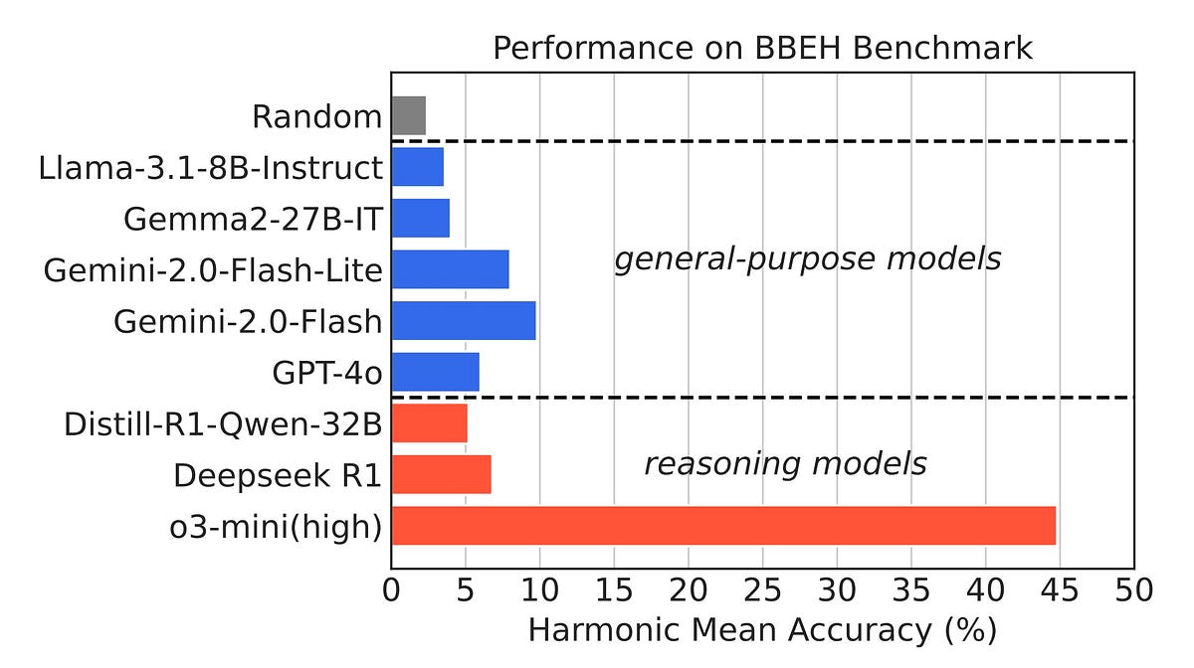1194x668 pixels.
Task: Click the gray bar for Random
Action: pyautogui.click(x=409, y=116)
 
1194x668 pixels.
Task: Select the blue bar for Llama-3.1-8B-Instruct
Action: pyautogui.click(x=418, y=167)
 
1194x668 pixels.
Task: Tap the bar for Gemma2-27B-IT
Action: pyautogui.click(x=421, y=218)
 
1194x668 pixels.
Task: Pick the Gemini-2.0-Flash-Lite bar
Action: pyautogui.click(x=451, y=269)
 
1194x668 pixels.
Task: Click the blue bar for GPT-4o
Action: pyautogui.click(x=436, y=372)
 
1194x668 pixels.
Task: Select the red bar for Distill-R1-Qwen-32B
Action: pyautogui.click(x=430, y=423)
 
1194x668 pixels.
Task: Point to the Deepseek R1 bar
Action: pyautogui.click(x=442, y=474)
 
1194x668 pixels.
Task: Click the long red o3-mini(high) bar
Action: pyautogui.click(x=723, y=526)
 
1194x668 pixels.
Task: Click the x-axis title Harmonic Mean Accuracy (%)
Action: pyautogui.click(x=762, y=630)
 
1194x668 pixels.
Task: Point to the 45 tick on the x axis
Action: pyautogui.click(x=1060, y=590)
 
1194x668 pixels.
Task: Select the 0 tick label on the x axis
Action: pyautogui.click(x=392, y=590)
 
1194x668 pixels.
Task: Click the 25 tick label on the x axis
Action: pyautogui.click(x=762, y=590)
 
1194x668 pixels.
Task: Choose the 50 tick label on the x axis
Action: pyautogui.click(x=1133, y=590)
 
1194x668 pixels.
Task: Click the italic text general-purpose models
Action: pyautogui.click(x=807, y=259)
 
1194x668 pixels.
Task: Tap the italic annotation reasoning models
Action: pyautogui.click(x=785, y=464)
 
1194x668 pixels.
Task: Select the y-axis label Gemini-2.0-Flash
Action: pyautogui.click(x=248, y=321)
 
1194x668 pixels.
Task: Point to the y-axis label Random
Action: pyautogui.click(x=316, y=117)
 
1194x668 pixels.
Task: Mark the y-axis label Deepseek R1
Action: pyautogui.click(x=278, y=475)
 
